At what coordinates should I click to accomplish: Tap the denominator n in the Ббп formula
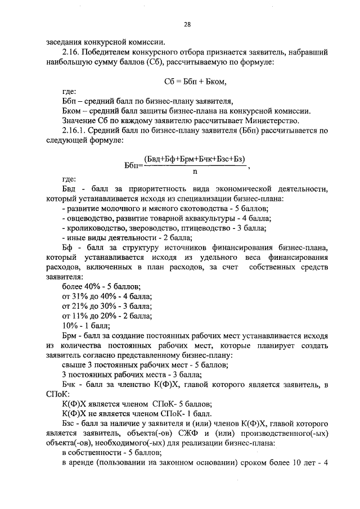195,172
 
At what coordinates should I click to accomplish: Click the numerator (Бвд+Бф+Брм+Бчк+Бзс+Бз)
195,160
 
